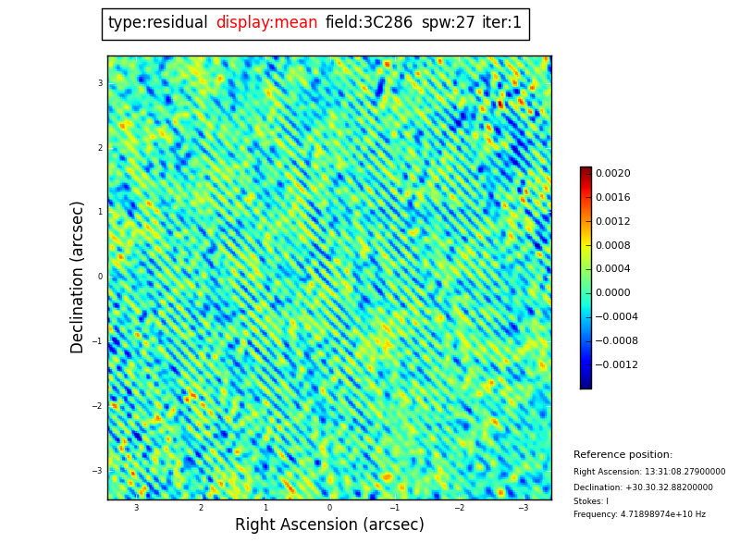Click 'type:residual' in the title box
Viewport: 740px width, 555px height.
click(x=157, y=23)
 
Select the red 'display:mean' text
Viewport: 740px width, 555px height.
click(x=266, y=23)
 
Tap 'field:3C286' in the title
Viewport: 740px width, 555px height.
click(x=369, y=23)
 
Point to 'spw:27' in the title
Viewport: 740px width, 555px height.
click(x=448, y=23)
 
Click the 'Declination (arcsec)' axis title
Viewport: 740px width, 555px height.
click(x=78, y=277)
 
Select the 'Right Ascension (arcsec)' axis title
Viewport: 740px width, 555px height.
click(x=329, y=525)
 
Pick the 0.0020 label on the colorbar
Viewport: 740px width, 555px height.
click(x=612, y=174)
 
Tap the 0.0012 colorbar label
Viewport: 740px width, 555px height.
click(x=612, y=222)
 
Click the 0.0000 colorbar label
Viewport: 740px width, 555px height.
click(x=612, y=293)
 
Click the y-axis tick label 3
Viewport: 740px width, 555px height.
click(x=100, y=83)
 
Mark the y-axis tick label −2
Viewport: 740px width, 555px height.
click(x=97, y=406)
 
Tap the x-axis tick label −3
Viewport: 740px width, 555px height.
click(x=524, y=508)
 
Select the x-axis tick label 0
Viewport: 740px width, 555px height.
click(x=329, y=508)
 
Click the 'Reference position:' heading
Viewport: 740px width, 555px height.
click(x=623, y=455)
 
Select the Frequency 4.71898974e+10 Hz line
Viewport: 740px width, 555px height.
click(x=639, y=514)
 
